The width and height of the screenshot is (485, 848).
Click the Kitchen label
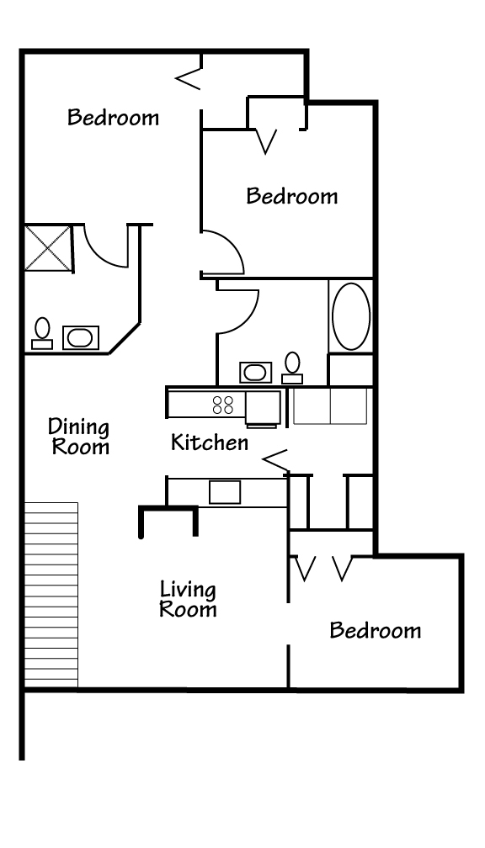coord(210,443)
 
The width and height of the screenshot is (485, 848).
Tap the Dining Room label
coord(79,435)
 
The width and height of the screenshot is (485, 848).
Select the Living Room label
coord(188,599)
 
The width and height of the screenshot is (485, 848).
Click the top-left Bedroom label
coord(113,117)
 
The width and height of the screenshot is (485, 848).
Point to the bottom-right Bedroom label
coord(375,630)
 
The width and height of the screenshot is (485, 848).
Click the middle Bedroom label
coord(291,196)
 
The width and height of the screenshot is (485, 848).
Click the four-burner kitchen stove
coord(223,405)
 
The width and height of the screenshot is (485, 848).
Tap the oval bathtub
coord(350,315)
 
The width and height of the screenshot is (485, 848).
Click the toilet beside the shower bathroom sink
coord(41,332)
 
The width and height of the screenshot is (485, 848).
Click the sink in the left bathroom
coord(79,338)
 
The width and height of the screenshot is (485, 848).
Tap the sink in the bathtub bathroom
coord(254,372)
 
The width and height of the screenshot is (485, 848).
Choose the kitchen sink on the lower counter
coord(225,491)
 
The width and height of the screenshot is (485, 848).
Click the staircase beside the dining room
coord(51,594)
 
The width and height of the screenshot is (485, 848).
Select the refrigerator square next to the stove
coord(263,407)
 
